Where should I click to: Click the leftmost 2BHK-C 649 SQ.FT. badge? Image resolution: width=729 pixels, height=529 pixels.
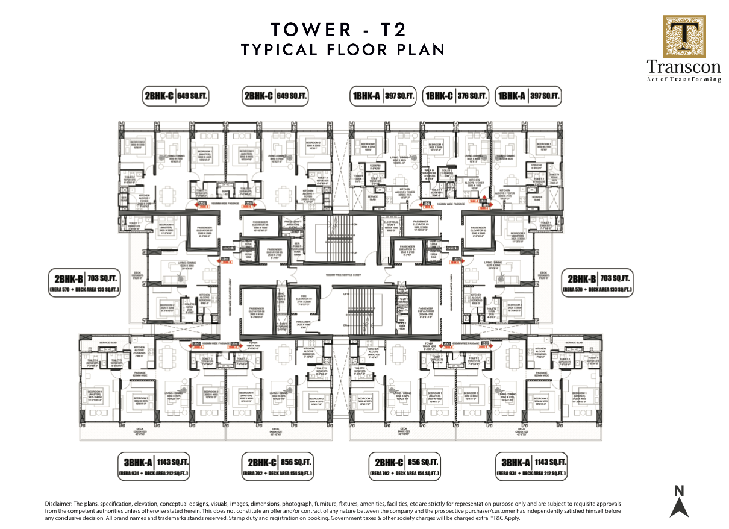175,96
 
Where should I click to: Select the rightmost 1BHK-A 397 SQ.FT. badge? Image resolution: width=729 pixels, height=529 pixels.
528,96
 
